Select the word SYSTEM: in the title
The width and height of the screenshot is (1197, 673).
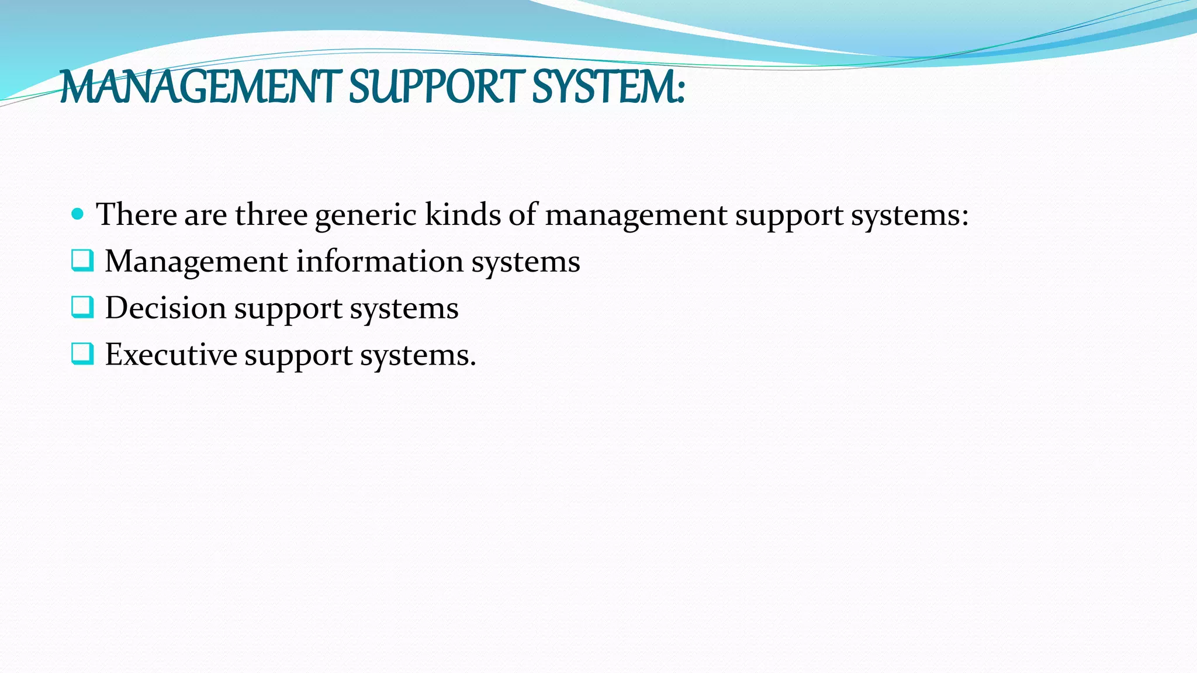[x=608, y=88]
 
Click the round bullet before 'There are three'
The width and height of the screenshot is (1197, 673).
[x=77, y=214]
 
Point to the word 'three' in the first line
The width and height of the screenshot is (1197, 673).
[x=271, y=214]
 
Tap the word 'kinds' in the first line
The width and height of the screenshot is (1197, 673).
[x=462, y=214]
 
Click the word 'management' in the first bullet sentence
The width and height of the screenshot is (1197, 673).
[x=636, y=216]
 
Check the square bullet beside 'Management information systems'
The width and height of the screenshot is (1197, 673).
[x=82, y=261]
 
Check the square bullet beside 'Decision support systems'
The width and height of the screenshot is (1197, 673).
[x=82, y=307]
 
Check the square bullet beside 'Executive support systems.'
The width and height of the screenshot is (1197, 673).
[x=82, y=354]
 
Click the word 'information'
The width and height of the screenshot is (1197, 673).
[x=380, y=261]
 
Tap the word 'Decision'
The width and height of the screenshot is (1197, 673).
[x=165, y=308]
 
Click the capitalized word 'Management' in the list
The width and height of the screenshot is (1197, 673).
[x=196, y=262]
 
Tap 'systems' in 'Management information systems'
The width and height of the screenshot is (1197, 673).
[x=525, y=262]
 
